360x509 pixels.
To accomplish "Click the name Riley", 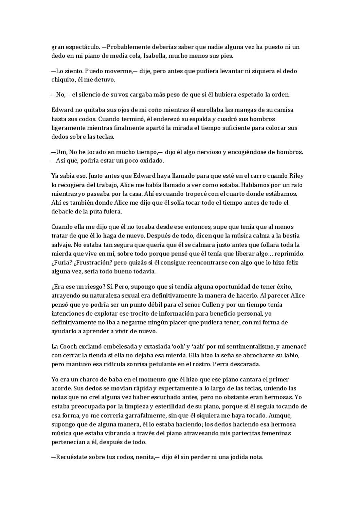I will (x=296, y=176).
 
